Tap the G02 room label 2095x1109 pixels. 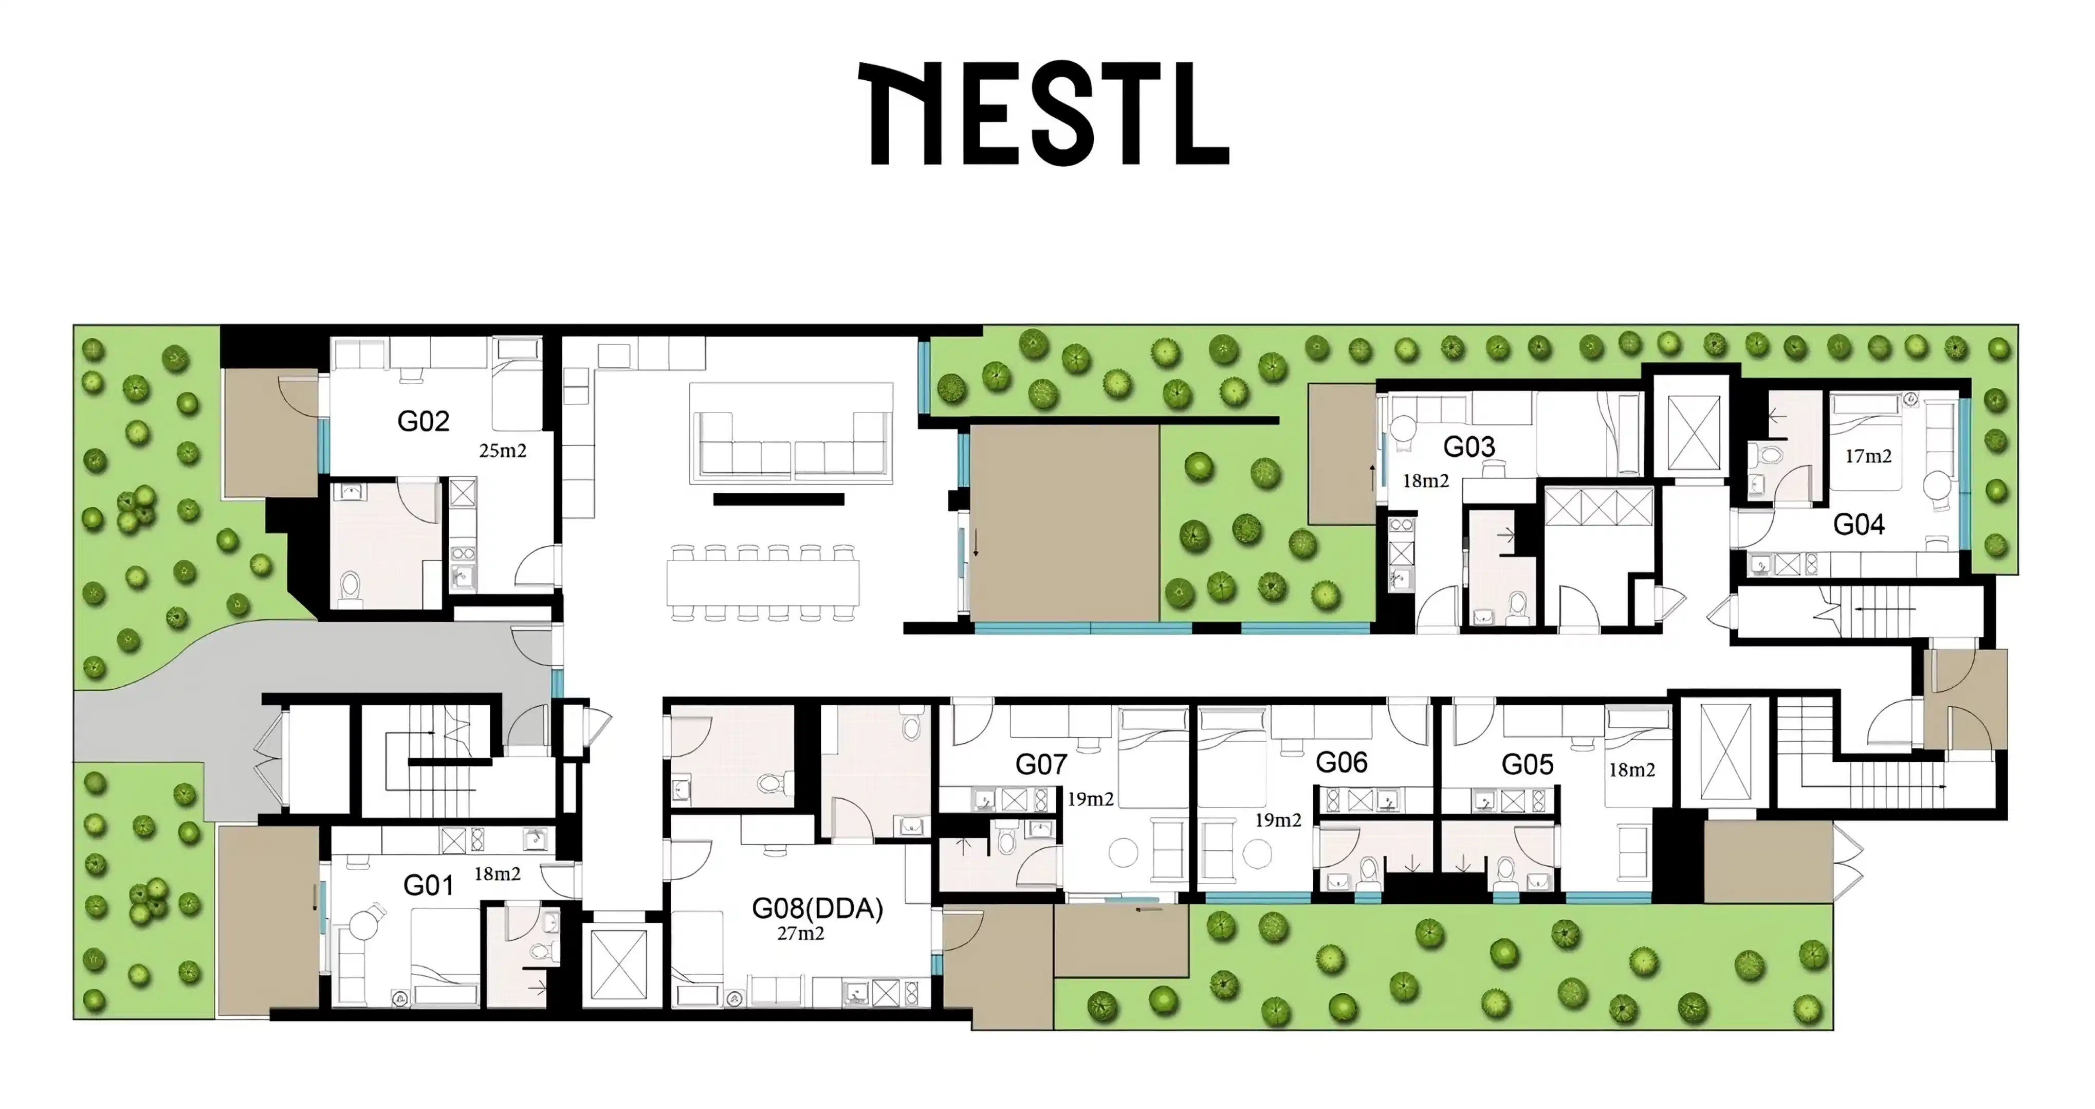pyautogui.click(x=423, y=421)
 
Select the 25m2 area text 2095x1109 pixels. pyautogui.click(x=503, y=451)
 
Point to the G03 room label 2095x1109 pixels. pyautogui.click(x=1469, y=446)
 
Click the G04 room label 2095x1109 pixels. pyautogui.click(x=1859, y=525)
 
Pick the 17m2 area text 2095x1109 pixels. pyautogui.click(x=1868, y=456)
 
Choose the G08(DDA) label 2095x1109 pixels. pyautogui.click(x=817, y=908)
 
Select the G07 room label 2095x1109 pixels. pyautogui.click(x=1041, y=765)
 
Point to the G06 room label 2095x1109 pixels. pyautogui.click(x=1341, y=762)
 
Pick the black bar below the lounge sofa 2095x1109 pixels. pyautogui.click(x=778, y=499)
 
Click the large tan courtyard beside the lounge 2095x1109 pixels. pyautogui.click(x=1064, y=523)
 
